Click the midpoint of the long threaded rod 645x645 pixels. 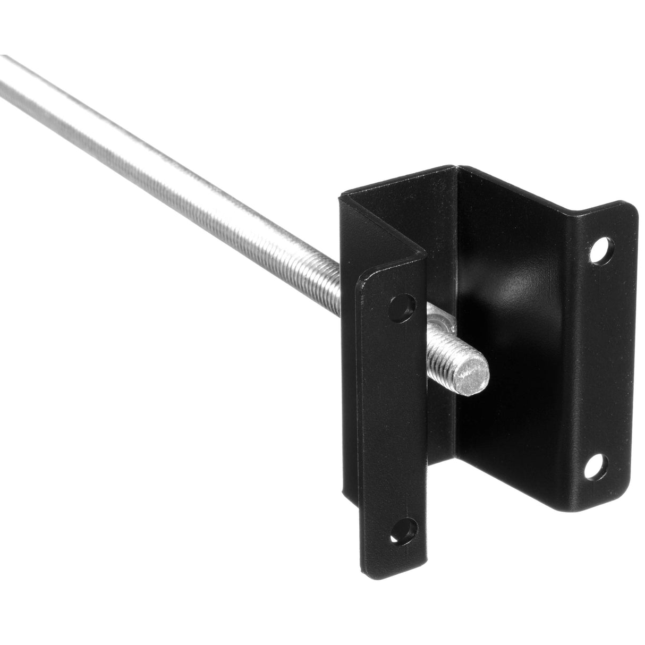pyautogui.click(x=170, y=165)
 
